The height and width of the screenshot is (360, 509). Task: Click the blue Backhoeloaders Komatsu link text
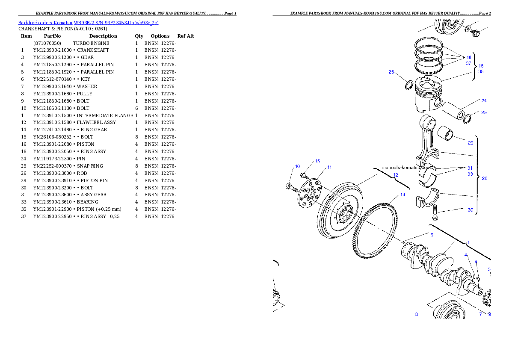click(x=88, y=23)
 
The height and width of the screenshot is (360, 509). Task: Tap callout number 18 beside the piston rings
click(x=469, y=57)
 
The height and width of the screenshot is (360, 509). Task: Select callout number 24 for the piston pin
click(x=484, y=101)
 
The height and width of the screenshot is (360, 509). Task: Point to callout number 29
click(x=471, y=143)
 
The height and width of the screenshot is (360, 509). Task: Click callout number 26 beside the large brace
click(x=485, y=179)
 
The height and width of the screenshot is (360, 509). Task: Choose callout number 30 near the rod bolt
click(x=471, y=210)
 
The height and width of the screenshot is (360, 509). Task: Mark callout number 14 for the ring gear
click(x=402, y=195)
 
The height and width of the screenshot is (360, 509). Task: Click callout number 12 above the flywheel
click(x=395, y=175)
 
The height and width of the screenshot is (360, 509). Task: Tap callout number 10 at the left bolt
click(x=297, y=166)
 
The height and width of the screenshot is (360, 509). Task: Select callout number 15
click(x=317, y=161)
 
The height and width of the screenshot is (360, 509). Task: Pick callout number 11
click(x=329, y=167)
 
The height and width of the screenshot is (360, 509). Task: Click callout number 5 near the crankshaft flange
click(x=432, y=235)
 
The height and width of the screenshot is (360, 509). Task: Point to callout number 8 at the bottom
click(x=416, y=314)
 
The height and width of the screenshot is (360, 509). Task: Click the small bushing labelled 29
click(x=449, y=134)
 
